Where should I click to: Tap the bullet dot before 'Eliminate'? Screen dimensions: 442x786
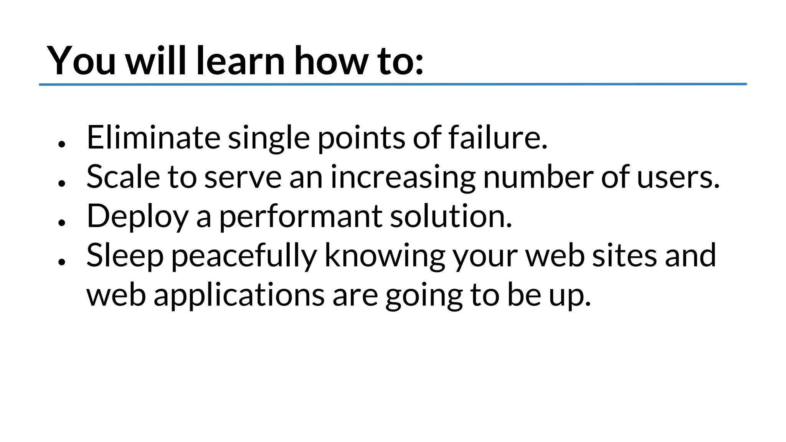[61, 144]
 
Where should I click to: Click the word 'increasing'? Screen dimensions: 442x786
[403, 178]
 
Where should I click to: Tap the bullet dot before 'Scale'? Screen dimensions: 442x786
[61, 183]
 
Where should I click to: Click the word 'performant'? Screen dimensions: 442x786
[300, 217]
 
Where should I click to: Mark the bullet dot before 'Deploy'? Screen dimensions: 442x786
[61, 222]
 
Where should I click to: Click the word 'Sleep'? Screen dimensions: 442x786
[125, 256]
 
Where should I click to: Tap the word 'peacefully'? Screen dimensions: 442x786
[244, 256]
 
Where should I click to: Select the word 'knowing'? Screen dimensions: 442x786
[385, 256]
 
